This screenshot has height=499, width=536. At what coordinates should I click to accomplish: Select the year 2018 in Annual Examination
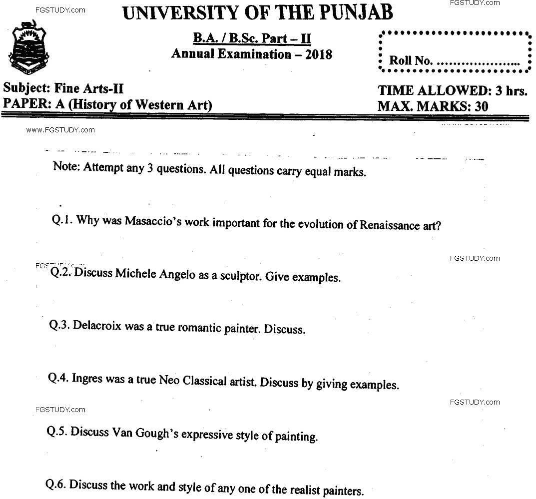pyautogui.click(x=319, y=54)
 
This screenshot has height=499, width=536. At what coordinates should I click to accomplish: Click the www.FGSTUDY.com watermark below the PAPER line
pyautogui.click(x=60, y=130)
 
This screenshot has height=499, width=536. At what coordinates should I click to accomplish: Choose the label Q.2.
pyautogui.click(x=61, y=272)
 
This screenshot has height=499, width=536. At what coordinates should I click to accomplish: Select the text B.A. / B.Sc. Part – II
pyautogui.click(x=252, y=38)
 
